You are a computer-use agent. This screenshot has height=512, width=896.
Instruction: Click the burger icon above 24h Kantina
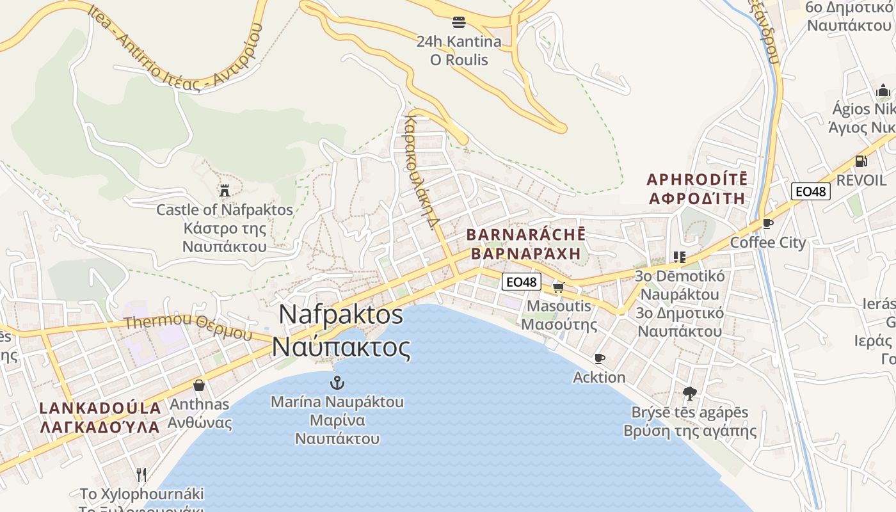[458, 22]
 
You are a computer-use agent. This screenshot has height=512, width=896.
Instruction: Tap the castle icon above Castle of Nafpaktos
[225, 190]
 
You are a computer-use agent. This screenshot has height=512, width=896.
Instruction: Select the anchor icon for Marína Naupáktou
[337, 383]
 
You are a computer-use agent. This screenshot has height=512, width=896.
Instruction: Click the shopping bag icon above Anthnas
[199, 385]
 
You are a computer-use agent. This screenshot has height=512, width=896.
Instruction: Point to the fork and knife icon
[141, 475]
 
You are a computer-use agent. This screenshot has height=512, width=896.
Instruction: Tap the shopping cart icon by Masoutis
[559, 287]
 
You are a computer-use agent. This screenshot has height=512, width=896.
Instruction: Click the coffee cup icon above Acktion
[599, 358]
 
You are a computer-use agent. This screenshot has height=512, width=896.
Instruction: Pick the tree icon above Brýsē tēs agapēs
[689, 393]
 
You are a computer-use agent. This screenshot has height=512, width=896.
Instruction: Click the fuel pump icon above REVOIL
[861, 161]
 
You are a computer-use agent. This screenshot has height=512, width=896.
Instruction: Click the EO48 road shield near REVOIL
[810, 191]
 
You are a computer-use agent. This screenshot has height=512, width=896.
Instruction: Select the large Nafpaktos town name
[341, 331]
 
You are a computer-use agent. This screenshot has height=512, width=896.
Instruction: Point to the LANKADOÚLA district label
[100, 417]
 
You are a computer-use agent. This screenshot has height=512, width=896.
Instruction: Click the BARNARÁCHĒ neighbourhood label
[526, 244]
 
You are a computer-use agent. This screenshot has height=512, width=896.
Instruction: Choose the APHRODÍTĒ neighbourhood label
[697, 188]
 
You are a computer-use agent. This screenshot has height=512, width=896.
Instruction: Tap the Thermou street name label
[189, 326]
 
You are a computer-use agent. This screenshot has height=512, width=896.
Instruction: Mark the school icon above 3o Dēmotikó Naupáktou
[679, 257]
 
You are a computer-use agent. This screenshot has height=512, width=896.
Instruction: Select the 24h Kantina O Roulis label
[459, 51]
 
